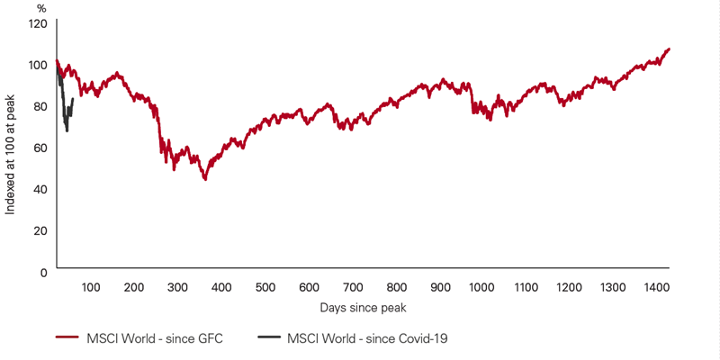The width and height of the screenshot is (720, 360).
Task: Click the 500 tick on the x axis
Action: coord(265,288)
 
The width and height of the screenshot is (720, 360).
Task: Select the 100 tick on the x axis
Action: coord(90,288)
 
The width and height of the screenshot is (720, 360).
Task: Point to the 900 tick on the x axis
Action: coord(440,288)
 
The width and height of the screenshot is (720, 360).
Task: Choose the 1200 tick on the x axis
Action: coord(571,288)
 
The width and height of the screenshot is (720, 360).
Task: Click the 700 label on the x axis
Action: coord(353,288)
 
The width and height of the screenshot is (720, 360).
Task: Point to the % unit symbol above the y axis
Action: coord(41,8)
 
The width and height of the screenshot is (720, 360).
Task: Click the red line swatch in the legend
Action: coord(68,338)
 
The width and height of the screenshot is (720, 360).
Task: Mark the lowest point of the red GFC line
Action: coord(206,180)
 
